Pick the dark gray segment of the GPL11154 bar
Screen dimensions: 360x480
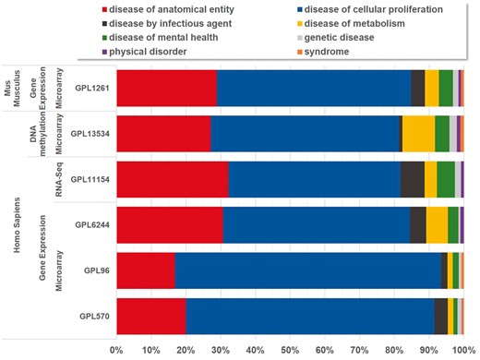412,179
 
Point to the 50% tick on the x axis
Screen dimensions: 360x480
290,350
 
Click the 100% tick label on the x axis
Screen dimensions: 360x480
462,350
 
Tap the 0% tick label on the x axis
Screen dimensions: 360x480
117,350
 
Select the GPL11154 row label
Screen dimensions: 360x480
90,179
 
